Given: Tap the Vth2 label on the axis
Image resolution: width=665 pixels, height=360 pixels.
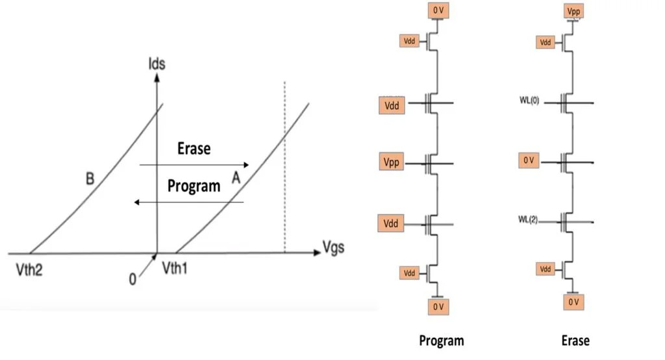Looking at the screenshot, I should pyautogui.click(x=29, y=270).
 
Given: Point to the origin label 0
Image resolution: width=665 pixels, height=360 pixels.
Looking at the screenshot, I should pyautogui.click(x=132, y=279).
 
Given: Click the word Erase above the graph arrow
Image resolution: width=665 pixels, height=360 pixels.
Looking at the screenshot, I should pyautogui.click(x=194, y=148).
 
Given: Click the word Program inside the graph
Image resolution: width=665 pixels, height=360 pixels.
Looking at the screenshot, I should pyautogui.click(x=194, y=186).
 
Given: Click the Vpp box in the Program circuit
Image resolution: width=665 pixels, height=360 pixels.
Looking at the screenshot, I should pyautogui.click(x=392, y=162).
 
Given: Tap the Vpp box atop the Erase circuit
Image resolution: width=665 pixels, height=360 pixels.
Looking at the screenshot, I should pyautogui.click(x=573, y=11).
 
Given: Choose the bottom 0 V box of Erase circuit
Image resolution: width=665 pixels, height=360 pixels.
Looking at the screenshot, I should pyautogui.click(x=573, y=303).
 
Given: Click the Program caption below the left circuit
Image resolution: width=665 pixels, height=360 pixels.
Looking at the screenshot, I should pyautogui.click(x=442, y=341).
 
